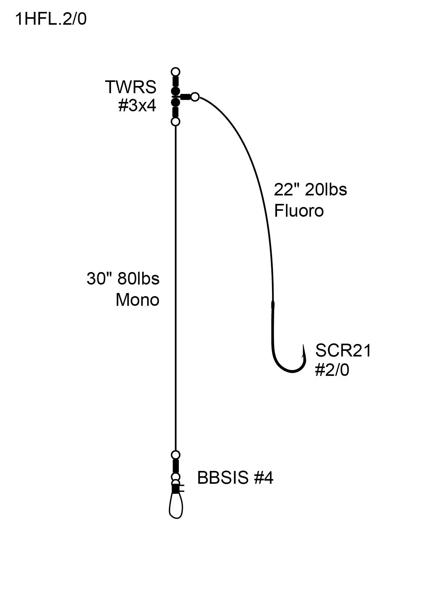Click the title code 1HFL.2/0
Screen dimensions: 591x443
pos(51,19)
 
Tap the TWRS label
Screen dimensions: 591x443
pos(131,87)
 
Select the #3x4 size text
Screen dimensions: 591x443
pos(137,106)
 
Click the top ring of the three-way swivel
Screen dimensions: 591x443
pos(176,72)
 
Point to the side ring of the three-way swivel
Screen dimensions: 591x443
pos(195,97)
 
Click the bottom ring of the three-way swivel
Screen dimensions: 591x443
pos(176,121)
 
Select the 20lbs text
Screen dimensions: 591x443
pos(326,189)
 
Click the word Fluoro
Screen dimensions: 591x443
pos(299,211)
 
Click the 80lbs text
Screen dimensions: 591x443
pos(138,278)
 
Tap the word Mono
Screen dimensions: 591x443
pos(138,300)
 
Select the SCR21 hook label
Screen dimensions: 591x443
pos(343,350)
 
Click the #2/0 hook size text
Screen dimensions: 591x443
pos(332,370)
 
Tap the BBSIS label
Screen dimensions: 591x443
pos(223,478)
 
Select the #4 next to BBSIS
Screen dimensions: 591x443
pos(264,478)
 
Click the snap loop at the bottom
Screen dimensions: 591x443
pos(176,507)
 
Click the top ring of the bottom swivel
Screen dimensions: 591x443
pos(176,454)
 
